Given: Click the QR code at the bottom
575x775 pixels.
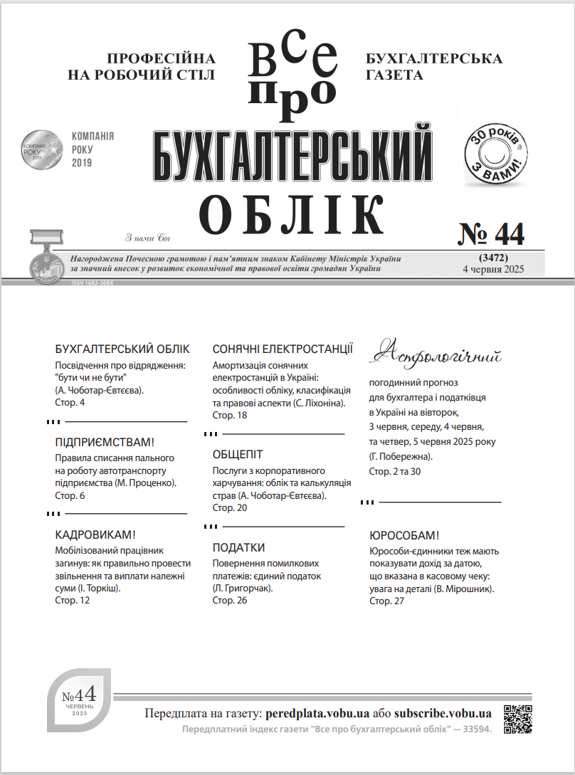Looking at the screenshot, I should pyautogui.click(x=518, y=719).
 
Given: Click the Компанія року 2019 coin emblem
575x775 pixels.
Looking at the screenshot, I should pyautogui.click(x=41, y=149).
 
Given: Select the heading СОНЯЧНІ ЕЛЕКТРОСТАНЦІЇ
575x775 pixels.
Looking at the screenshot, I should pyautogui.click(x=283, y=349).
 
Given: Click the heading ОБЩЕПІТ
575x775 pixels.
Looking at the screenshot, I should pyautogui.click(x=238, y=454).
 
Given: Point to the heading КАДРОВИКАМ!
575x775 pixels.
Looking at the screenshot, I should pyautogui.click(x=95, y=534).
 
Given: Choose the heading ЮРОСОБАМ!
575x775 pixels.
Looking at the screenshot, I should pyautogui.click(x=404, y=536).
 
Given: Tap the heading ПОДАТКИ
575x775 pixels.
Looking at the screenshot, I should pyautogui.click(x=238, y=547).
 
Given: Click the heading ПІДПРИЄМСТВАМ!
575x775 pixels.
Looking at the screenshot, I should pyautogui.click(x=105, y=442).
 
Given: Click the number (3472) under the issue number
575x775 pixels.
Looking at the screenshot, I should pyautogui.click(x=492, y=256).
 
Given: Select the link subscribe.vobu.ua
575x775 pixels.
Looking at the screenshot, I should pyautogui.click(x=443, y=713).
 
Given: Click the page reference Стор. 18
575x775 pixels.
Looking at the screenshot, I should pyautogui.click(x=230, y=415).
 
